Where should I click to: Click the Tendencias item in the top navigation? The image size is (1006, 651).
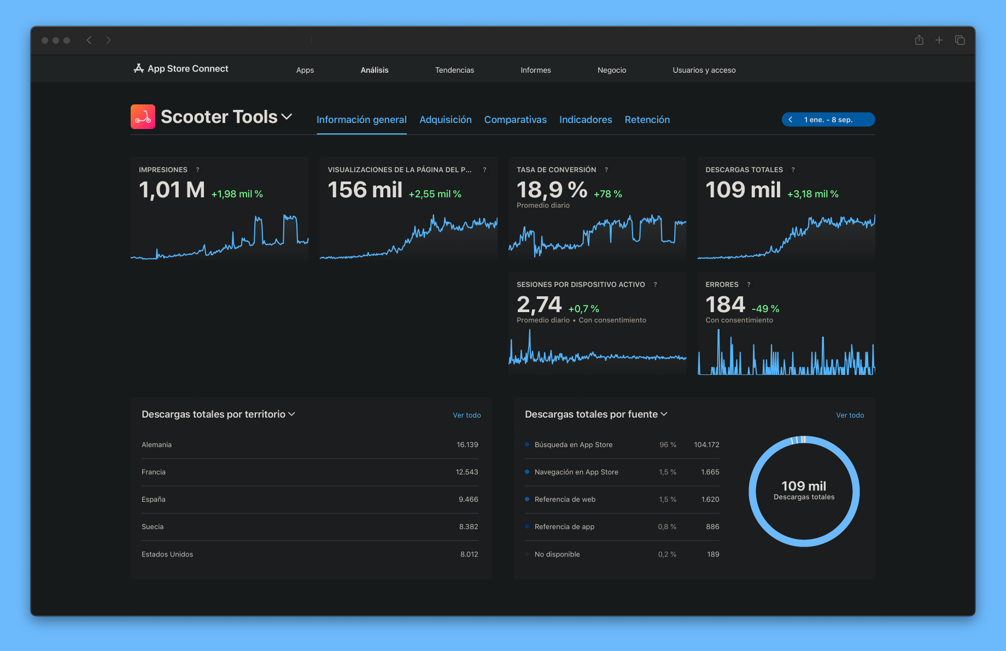click(x=454, y=70)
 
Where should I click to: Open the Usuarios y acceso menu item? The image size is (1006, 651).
click(x=704, y=70)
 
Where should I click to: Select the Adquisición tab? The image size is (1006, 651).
click(x=445, y=120)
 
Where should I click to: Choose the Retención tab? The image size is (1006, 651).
click(x=647, y=120)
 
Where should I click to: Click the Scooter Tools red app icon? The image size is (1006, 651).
click(x=143, y=116)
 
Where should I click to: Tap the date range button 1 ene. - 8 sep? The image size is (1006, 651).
click(x=828, y=120)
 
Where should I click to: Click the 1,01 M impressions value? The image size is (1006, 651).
click(x=172, y=190)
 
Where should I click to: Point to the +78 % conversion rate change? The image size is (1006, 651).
click(x=607, y=194)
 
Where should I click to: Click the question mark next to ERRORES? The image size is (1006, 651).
click(x=748, y=285)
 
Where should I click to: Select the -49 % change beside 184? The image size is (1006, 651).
click(x=765, y=309)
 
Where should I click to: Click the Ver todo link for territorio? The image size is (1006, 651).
click(x=466, y=415)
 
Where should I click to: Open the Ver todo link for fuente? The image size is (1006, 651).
click(x=850, y=415)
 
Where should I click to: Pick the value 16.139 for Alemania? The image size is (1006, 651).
click(x=467, y=445)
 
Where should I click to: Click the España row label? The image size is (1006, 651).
click(x=154, y=500)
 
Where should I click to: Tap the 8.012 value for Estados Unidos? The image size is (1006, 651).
click(x=469, y=554)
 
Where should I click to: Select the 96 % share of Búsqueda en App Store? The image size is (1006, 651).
click(x=668, y=445)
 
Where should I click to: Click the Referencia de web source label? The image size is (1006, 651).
click(x=565, y=500)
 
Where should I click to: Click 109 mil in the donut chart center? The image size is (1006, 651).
click(x=803, y=486)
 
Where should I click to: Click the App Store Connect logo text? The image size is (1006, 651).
click(x=188, y=69)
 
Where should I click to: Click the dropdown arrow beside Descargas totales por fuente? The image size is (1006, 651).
click(x=664, y=414)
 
